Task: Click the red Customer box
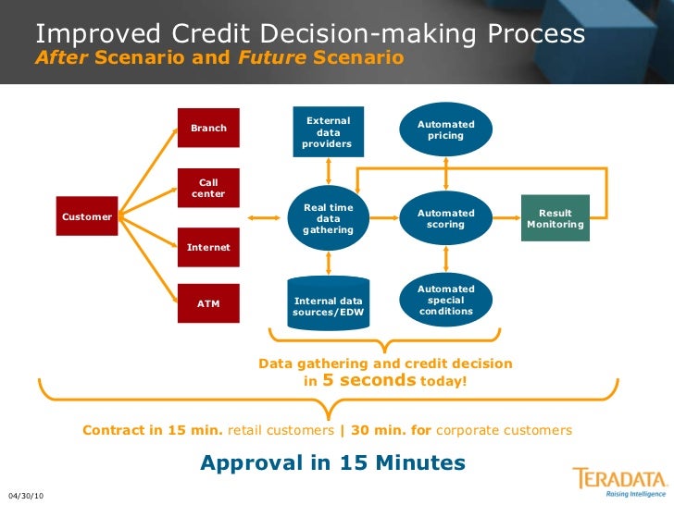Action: pos(87,216)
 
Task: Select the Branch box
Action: pos(208,128)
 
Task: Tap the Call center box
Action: pos(208,188)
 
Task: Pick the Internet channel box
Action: pos(208,248)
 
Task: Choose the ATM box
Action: pos(208,303)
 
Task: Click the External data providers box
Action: pos(328,132)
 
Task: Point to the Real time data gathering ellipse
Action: pos(328,218)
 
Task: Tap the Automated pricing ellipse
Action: pos(445,130)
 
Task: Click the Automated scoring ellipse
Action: pos(445,218)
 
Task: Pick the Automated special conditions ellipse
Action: pos(445,300)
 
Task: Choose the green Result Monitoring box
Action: pos(555,218)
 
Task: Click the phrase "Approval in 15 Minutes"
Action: pos(332,462)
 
